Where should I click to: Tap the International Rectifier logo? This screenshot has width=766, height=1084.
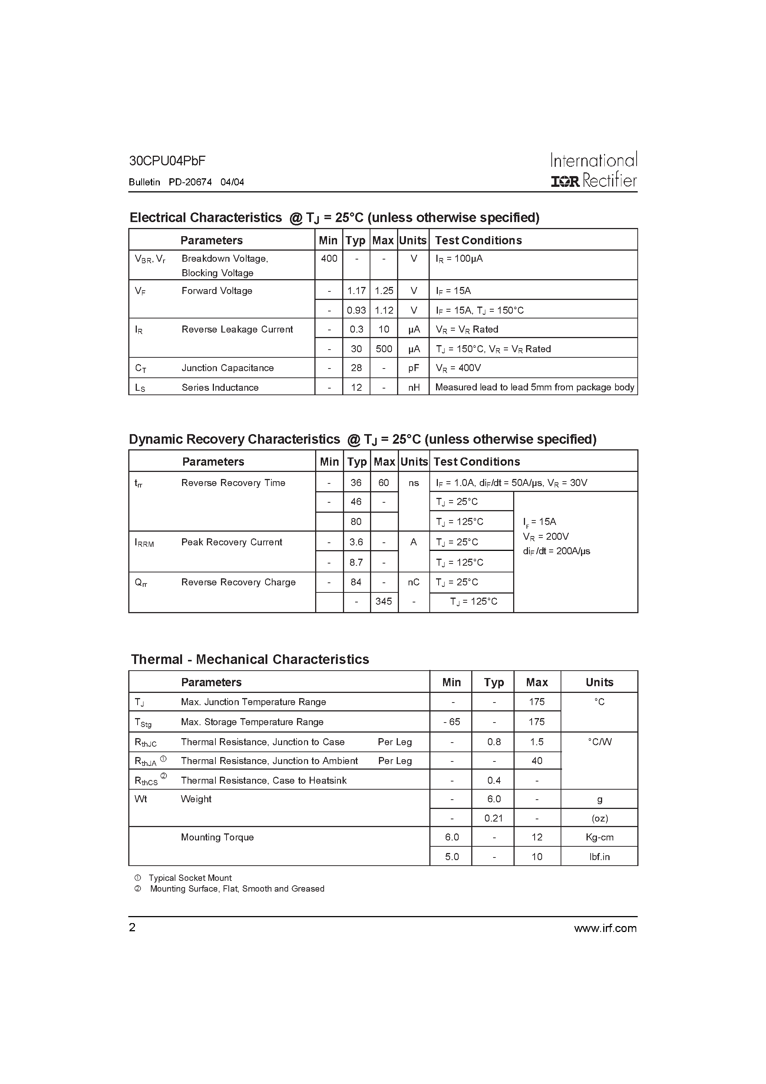pyautogui.click(x=594, y=170)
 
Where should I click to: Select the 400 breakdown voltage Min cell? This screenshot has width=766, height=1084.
pyautogui.click(x=329, y=258)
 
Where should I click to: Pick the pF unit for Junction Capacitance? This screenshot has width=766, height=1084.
pyautogui.click(x=414, y=368)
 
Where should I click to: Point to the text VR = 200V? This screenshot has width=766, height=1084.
pyautogui.click(x=545, y=536)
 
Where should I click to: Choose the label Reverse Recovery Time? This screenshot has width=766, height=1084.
pyautogui.click(x=233, y=483)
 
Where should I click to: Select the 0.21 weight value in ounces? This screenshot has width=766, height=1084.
pyautogui.click(x=493, y=818)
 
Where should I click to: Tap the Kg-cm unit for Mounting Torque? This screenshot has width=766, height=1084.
pyautogui.click(x=599, y=837)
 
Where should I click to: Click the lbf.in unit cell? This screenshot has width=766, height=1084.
pyautogui.click(x=599, y=856)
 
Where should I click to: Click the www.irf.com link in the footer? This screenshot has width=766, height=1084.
pyautogui.click(x=605, y=928)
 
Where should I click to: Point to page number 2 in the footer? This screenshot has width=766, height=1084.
pyautogui.click(x=132, y=928)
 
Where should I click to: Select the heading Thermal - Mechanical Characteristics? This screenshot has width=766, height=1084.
pyautogui.click(x=250, y=659)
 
